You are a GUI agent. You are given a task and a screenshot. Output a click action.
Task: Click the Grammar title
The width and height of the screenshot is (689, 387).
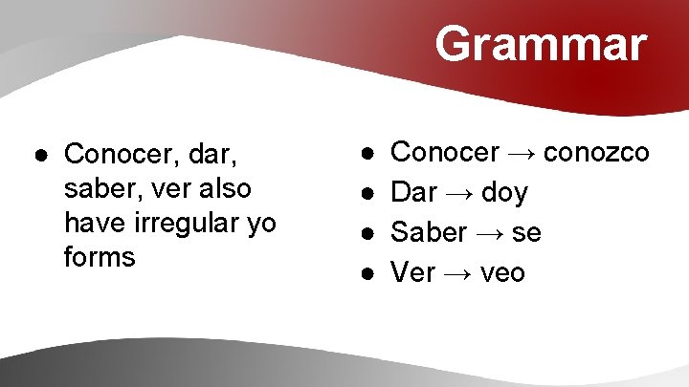(x=541, y=44)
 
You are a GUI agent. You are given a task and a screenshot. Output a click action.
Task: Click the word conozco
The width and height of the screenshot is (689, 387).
(x=600, y=152)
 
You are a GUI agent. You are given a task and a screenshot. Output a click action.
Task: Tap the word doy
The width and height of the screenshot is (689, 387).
(x=504, y=193)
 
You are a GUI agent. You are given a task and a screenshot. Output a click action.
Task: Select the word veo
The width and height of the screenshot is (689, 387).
(x=502, y=273)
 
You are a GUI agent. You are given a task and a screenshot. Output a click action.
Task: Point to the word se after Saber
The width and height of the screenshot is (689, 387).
(x=525, y=233)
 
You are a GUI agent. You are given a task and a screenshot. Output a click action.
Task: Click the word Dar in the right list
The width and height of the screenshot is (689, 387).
(x=414, y=193)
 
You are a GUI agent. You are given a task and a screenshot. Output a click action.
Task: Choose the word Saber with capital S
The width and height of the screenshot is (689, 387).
(x=430, y=233)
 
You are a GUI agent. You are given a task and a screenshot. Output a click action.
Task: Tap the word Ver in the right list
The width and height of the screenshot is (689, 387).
(x=413, y=273)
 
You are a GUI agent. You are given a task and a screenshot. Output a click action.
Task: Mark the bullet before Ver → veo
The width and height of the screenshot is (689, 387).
(x=368, y=274)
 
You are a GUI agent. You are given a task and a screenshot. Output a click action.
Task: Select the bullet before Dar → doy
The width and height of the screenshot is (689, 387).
(x=368, y=194)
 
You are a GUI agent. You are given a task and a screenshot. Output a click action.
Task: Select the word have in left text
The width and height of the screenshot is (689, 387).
(x=94, y=223)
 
